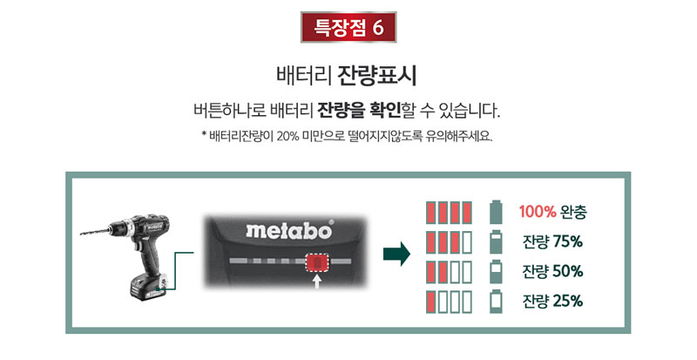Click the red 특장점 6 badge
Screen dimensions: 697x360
(x=348, y=27)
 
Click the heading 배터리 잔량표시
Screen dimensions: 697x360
(x=346, y=76)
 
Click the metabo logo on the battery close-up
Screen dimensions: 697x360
(x=289, y=230)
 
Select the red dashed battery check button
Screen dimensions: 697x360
(x=317, y=263)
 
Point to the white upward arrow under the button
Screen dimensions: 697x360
(x=317, y=282)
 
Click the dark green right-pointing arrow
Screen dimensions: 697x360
(x=396, y=254)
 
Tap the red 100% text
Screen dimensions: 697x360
(x=538, y=211)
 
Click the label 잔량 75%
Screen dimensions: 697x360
(x=552, y=241)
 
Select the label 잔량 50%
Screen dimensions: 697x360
(x=552, y=271)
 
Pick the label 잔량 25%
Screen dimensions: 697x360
(x=552, y=301)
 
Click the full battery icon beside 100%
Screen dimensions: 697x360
(x=496, y=213)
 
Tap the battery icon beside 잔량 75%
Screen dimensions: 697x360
(x=496, y=242)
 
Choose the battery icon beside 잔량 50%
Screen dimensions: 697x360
(x=496, y=272)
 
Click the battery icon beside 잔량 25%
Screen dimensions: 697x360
(x=496, y=302)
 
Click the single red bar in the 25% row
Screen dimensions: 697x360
(x=430, y=302)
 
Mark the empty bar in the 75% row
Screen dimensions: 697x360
(x=467, y=242)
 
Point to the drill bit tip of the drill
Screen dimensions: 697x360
(x=81, y=234)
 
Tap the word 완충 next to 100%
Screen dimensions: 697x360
(x=573, y=212)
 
